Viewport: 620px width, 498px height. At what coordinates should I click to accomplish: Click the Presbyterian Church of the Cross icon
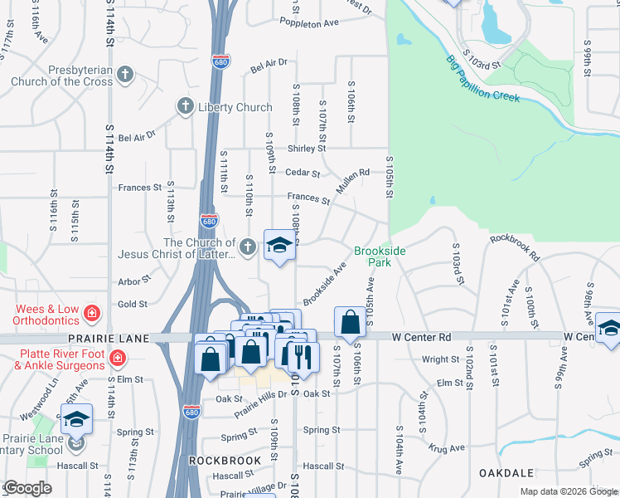[125, 76]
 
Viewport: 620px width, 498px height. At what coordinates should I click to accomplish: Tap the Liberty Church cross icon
[185, 107]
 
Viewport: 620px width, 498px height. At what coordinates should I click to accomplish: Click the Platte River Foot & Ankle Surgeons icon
[118, 358]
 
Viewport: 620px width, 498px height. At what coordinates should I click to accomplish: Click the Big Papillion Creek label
[482, 79]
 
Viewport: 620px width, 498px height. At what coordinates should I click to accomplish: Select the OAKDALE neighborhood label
[505, 472]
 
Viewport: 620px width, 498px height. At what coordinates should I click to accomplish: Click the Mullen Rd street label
[351, 184]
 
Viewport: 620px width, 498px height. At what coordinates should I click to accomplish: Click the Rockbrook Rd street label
[514, 247]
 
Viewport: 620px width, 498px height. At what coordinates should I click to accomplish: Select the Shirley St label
[301, 149]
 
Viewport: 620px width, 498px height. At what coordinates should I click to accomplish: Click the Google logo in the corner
[27, 488]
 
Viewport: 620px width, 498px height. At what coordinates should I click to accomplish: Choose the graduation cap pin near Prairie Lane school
[77, 418]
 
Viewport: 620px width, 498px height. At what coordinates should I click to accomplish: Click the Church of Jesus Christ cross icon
[247, 247]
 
